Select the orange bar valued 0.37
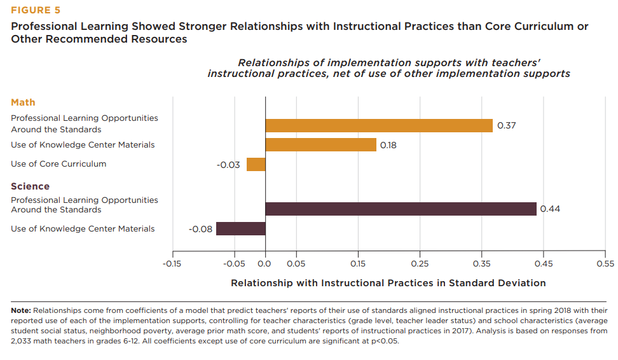378,125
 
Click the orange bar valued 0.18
320,145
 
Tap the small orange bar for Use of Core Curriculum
256,164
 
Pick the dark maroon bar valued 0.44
401,209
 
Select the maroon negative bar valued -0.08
240,228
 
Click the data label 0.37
506,125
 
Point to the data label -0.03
228,165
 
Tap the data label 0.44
550,209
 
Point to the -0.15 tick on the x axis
172,263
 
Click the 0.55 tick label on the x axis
605,263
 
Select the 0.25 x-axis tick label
420,263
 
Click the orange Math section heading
23,102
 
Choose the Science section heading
30,186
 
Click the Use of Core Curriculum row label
58,164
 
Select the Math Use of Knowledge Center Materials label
83,145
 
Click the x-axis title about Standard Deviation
388,283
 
